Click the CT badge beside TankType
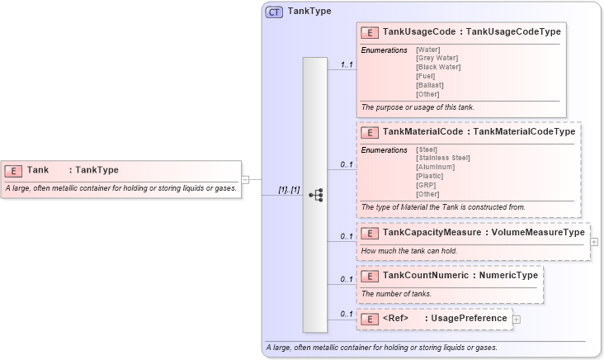click(x=274, y=12)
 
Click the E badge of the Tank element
click(x=13, y=170)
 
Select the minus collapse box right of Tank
click(x=245, y=179)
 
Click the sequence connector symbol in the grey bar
click(x=315, y=195)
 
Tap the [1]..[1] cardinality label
click(x=289, y=190)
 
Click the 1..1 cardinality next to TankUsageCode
click(x=347, y=64)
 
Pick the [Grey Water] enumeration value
click(x=436, y=59)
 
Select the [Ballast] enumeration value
click(x=430, y=84)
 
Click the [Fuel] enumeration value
click(x=426, y=76)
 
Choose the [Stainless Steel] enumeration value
click(x=443, y=158)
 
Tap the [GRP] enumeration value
click(x=427, y=185)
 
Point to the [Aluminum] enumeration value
click(x=435, y=167)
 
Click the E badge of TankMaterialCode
click(x=370, y=132)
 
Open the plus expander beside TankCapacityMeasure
click(x=594, y=242)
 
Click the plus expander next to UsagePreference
click(x=517, y=319)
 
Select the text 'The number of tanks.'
click(x=396, y=294)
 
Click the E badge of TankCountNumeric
click(x=370, y=276)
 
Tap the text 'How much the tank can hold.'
click(x=408, y=250)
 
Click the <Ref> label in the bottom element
click(x=396, y=319)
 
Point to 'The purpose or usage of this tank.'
click(x=418, y=107)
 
